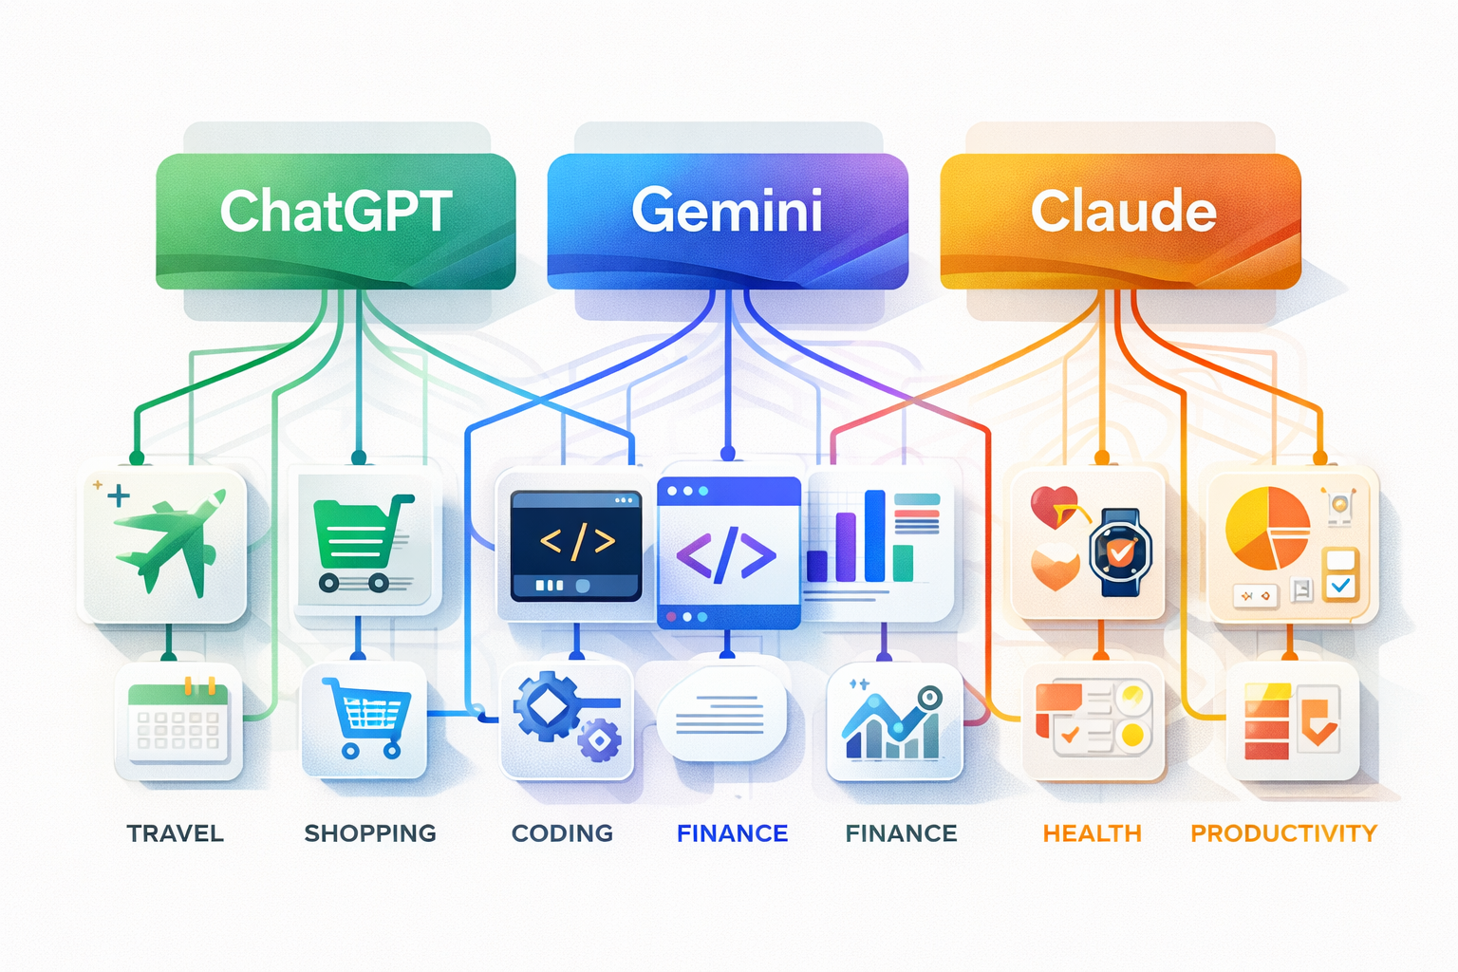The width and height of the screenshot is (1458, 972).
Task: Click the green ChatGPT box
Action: point(335,220)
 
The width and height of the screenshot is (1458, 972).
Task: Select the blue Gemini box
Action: point(727,220)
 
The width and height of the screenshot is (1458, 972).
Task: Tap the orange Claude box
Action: point(1120,220)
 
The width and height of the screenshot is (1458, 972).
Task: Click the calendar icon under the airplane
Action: point(178,722)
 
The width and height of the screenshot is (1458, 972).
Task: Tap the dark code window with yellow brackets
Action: point(575,545)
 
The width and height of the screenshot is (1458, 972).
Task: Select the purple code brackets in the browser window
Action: point(726,554)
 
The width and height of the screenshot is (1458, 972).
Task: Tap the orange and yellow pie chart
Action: point(1267,528)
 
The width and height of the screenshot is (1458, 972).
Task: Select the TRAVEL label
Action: point(176,833)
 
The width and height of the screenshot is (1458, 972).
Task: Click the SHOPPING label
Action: point(370,833)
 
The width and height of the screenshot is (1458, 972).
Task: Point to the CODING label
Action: point(562,833)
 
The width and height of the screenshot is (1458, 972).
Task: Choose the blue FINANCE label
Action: point(732,833)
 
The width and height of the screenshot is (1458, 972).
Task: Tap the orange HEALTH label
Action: point(1092,833)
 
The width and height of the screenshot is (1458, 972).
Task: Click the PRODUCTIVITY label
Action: point(1283,833)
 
